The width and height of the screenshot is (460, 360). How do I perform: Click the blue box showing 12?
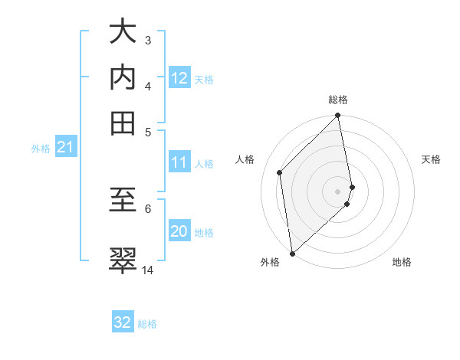(179, 78)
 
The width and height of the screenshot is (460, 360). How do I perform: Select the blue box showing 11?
(179, 162)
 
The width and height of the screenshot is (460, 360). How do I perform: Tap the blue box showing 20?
(179, 232)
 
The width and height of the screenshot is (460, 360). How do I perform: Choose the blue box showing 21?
(64, 148)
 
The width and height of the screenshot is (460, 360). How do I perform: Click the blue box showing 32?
(123, 322)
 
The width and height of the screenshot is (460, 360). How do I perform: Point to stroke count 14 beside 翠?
(148, 270)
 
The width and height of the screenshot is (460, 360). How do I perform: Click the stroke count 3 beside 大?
(148, 40)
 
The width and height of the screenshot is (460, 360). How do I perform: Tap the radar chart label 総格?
(338, 100)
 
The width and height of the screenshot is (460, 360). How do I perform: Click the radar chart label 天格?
(431, 159)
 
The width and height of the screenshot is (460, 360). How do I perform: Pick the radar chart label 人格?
(245, 159)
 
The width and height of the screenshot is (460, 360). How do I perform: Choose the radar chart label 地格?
(402, 262)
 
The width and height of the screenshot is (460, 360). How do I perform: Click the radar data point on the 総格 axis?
(338, 116)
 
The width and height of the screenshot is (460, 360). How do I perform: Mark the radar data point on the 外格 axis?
(292, 253)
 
